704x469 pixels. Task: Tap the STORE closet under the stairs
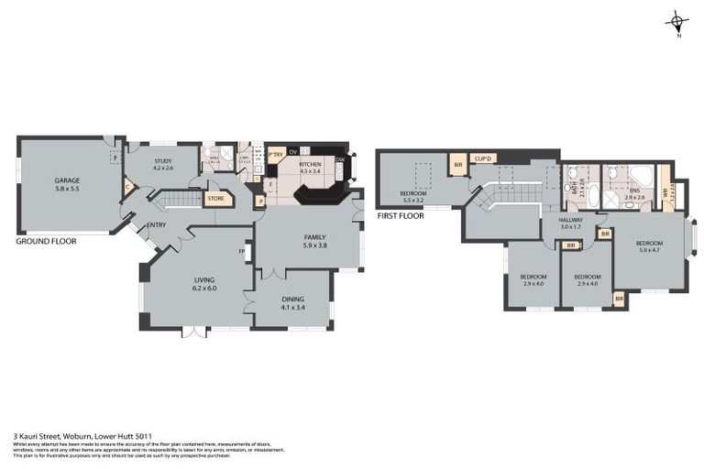pyautogui.click(x=216, y=198)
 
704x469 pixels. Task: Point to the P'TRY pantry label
pyautogui.click(x=276, y=154)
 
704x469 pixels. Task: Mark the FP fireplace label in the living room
pyautogui.click(x=242, y=251)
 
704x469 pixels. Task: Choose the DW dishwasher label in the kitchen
pyautogui.click(x=339, y=159)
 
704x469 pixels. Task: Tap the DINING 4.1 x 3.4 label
pyautogui.click(x=293, y=303)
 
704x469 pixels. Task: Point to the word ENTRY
pyautogui.click(x=156, y=224)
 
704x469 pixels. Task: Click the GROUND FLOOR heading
pyautogui.click(x=46, y=242)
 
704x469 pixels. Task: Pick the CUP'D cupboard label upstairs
pyautogui.click(x=482, y=158)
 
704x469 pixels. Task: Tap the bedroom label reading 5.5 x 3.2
pyautogui.click(x=413, y=197)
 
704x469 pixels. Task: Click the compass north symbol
pyautogui.click(x=677, y=23)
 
